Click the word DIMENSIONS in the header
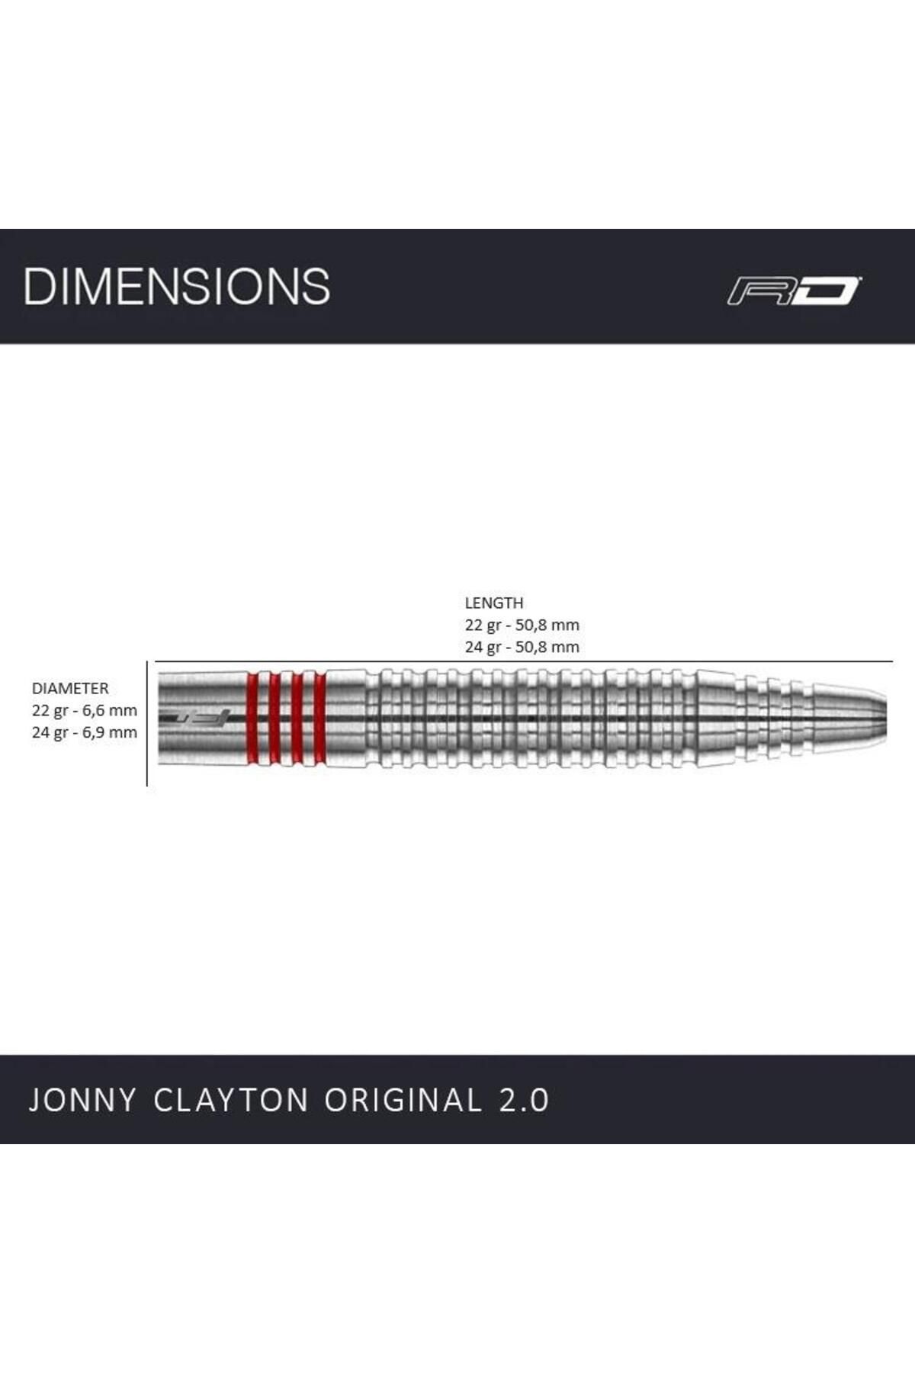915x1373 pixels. (x=177, y=286)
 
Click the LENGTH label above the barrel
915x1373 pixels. (x=494, y=603)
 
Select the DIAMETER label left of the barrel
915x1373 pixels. (x=70, y=688)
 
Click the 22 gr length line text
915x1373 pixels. (x=522, y=625)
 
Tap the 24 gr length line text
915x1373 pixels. (x=522, y=647)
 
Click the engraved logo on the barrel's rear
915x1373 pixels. (x=194, y=718)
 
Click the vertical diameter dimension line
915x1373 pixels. (x=147, y=724)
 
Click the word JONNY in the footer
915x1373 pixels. (x=83, y=1100)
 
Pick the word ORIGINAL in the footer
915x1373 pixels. (x=403, y=1100)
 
